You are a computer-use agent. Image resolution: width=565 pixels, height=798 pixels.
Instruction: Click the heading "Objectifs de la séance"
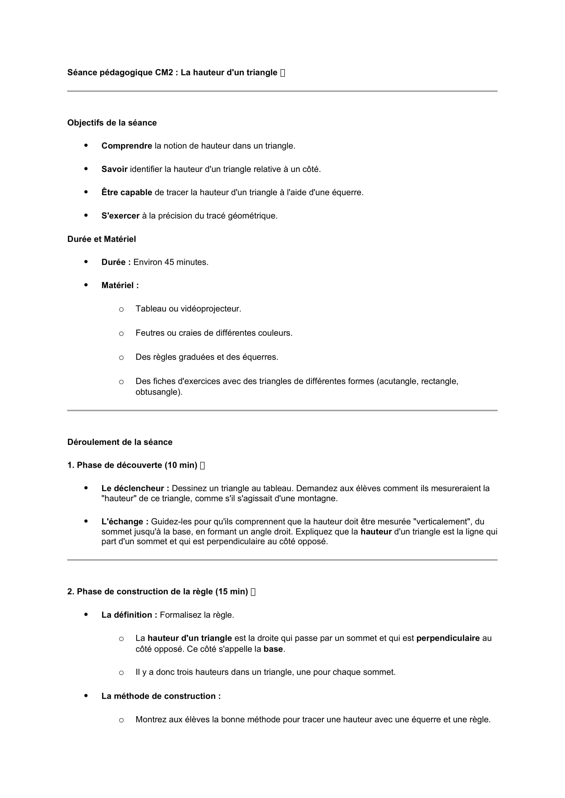coord(112,123)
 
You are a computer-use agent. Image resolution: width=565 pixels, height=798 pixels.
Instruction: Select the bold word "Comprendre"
coord(127,146)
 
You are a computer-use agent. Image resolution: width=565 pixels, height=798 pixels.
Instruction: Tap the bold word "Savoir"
coord(114,169)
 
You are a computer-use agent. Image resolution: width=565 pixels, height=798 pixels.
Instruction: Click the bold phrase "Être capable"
coord(127,192)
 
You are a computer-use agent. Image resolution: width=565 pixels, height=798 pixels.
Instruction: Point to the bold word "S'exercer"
coord(120,216)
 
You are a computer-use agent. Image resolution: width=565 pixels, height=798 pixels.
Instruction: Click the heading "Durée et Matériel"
coord(101,239)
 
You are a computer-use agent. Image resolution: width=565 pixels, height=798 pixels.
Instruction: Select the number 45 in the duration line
coord(169,262)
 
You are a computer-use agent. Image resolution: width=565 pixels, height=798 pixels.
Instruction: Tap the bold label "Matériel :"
coord(120,285)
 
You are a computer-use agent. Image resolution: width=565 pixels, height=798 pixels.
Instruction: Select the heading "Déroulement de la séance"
coord(120,442)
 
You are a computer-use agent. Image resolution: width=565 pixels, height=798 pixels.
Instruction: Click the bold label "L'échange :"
coord(125,522)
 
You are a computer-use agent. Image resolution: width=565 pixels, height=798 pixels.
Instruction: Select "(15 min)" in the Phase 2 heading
coord(231,592)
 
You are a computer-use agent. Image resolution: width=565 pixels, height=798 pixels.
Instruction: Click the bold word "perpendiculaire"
coord(448,638)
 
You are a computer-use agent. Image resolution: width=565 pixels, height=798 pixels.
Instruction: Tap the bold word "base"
coord(273,649)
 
